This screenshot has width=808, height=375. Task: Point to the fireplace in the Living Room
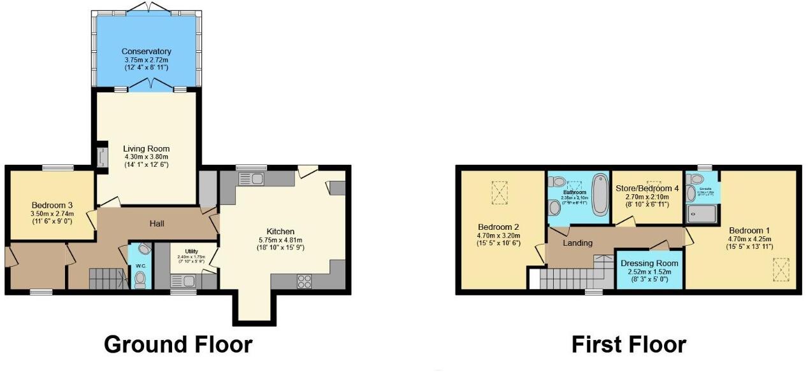pyautogui.click(x=101, y=157)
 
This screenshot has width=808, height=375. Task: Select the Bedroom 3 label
pyautogui.click(x=52, y=205)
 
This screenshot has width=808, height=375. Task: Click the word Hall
pyautogui.click(x=157, y=223)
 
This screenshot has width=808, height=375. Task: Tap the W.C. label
pyautogui.click(x=140, y=258)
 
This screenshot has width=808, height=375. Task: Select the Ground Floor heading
pyautogui.click(x=178, y=344)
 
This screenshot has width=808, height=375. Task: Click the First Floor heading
pyautogui.click(x=628, y=344)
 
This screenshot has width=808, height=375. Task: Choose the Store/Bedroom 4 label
pyautogui.click(x=647, y=188)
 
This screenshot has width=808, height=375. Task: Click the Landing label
pyautogui.click(x=578, y=243)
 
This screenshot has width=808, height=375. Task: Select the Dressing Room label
pyautogui.click(x=649, y=263)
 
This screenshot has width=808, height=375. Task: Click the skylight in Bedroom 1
pyautogui.click(x=781, y=270)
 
